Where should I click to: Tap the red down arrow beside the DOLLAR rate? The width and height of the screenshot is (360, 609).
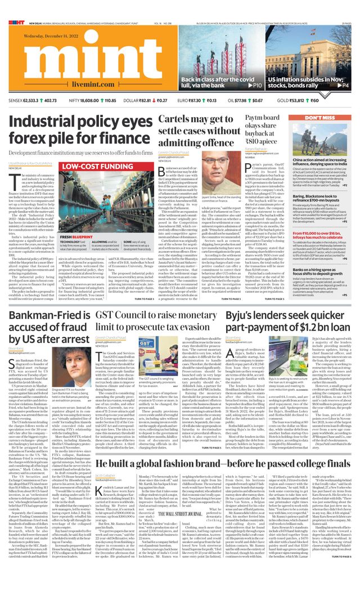click(x=154, y=100)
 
